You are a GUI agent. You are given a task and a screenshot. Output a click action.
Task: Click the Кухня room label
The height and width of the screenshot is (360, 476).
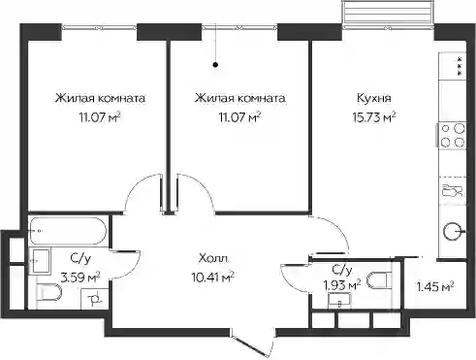click(374, 98)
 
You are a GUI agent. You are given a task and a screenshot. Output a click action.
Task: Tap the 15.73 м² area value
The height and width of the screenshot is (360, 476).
click(374, 117)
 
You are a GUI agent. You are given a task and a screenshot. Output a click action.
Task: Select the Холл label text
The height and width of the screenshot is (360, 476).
click(213, 258)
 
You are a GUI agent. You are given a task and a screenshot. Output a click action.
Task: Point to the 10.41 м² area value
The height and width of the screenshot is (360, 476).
click(213, 278)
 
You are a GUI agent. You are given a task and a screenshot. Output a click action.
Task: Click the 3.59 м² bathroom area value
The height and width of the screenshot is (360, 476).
click(80, 278)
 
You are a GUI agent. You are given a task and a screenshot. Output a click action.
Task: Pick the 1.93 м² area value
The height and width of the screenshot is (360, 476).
click(342, 285)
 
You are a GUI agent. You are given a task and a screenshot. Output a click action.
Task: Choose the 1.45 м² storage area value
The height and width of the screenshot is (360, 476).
click(435, 286)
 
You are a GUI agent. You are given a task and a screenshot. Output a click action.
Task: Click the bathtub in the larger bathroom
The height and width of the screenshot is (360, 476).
click(68, 231)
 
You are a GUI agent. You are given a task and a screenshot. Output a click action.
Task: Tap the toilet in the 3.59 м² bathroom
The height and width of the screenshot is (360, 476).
click(49, 292)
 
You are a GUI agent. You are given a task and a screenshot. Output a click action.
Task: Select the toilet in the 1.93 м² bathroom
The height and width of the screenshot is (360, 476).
click(379, 280)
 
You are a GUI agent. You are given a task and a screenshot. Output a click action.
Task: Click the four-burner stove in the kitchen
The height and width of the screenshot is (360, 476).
click(452, 136)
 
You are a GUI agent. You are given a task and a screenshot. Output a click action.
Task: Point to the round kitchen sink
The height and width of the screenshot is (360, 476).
click(453, 232)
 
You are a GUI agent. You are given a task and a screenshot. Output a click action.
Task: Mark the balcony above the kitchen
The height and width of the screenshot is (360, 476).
click(388, 15)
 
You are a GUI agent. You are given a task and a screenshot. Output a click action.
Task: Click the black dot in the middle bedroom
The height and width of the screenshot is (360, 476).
click(215, 65)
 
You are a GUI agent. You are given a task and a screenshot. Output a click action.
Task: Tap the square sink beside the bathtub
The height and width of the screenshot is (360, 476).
click(40, 261)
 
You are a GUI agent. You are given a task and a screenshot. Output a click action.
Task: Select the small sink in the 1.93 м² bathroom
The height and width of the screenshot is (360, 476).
click(339, 300)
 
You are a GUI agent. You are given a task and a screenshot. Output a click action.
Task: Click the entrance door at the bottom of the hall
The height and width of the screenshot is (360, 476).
click(254, 346)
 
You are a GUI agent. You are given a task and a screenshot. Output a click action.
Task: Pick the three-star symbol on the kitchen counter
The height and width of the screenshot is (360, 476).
click(459, 66)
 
